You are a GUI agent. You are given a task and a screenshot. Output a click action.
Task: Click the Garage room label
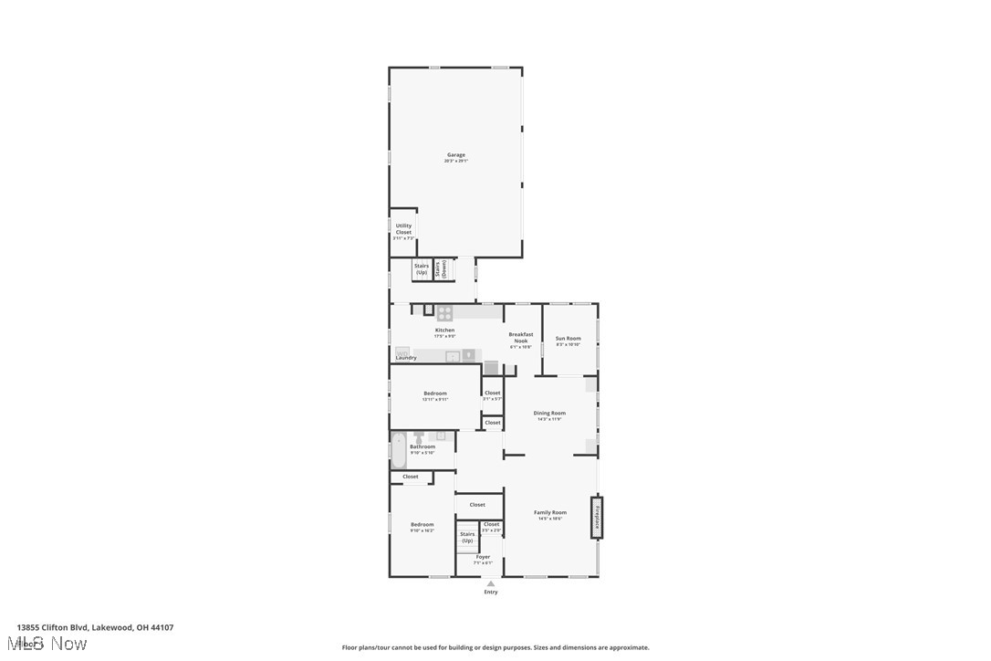(x=455, y=155)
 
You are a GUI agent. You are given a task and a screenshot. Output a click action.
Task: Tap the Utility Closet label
(x=403, y=228)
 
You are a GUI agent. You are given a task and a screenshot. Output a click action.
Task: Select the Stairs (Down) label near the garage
(x=443, y=268)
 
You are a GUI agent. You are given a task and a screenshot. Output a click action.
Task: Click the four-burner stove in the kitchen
(x=444, y=313)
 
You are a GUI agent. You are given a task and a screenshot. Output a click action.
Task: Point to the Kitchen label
(x=444, y=330)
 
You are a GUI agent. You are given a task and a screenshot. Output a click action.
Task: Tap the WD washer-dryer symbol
(x=402, y=351)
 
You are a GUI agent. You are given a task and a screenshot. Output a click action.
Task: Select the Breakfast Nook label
(x=520, y=338)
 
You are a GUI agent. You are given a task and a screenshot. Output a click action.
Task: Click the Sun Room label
(x=569, y=339)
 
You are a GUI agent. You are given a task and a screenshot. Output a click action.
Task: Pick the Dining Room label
(x=549, y=414)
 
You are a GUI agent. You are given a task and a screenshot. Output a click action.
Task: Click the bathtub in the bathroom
(x=399, y=450)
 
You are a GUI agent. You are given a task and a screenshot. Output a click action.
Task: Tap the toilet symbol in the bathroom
(x=419, y=438)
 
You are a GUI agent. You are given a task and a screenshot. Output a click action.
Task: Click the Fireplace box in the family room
(x=597, y=517)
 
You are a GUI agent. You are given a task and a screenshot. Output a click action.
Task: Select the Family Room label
(x=549, y=513)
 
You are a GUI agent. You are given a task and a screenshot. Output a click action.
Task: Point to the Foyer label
(x=483, y=557)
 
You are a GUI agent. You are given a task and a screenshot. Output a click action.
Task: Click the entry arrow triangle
(x=491, y=583)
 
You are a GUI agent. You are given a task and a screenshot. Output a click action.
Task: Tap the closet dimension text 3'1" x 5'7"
(x=492, y=399)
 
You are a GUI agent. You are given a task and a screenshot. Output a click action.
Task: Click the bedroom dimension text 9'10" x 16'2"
(x=422, y=530)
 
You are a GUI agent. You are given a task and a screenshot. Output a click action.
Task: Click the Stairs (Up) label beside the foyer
(x=467, y=537)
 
